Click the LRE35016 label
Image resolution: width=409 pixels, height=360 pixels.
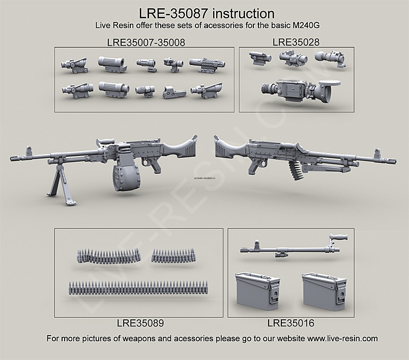[290, 322]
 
